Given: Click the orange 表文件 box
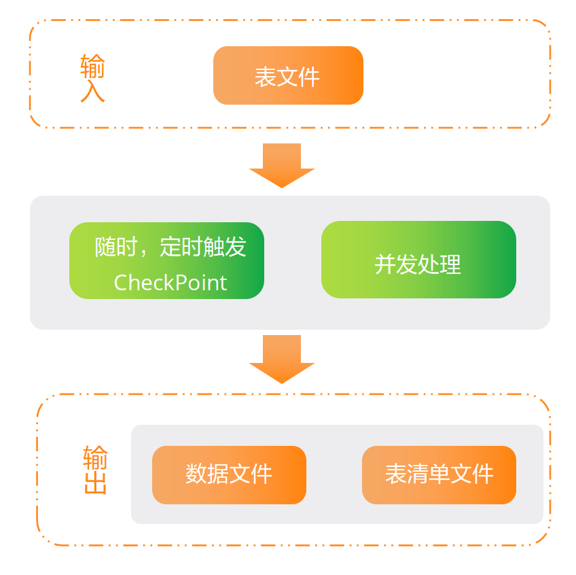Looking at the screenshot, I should coord(288,75).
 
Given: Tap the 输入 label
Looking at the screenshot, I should coord(92,77).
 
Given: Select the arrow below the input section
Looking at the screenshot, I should coord(282,165).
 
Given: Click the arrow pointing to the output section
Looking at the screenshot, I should coord(282,359).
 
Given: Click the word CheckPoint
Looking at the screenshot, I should coord(170,283).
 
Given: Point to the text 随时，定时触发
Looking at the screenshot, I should coord(170,247).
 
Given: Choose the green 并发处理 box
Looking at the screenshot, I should coord(418,260).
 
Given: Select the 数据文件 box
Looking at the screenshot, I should coord(229,474).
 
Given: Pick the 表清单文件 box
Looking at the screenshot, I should coord(439,474).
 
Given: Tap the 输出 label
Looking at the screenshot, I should coord(95,470).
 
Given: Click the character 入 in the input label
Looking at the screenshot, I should coord(92,91).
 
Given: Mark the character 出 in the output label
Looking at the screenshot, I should coord(95,484).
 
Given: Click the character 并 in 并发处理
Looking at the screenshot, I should coord(385,264).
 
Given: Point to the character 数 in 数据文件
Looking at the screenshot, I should coord(196,474).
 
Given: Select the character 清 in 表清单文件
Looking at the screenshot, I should coord(418,474).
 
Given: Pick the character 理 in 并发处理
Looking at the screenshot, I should coord(451,264).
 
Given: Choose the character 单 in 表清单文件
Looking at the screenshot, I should coord(439,474).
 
